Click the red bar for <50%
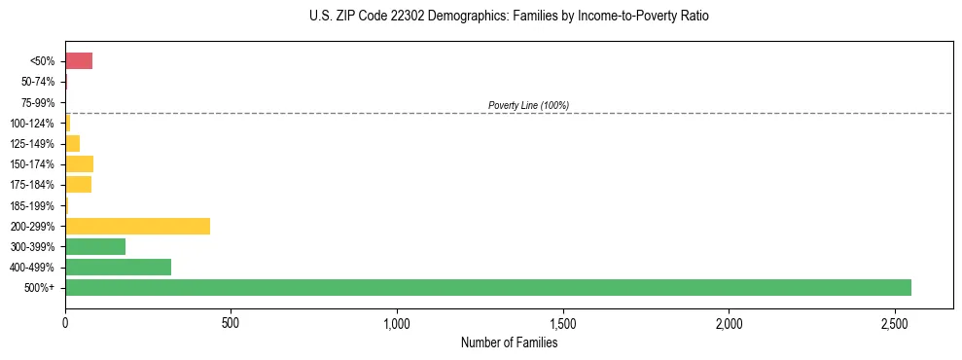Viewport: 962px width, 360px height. coord(79,61)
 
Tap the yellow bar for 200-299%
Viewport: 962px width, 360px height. coord(137,226)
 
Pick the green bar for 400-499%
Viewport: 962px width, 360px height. coord(118,267)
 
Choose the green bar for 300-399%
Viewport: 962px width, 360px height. coord(95,246)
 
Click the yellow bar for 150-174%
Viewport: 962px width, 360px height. coord(79,163)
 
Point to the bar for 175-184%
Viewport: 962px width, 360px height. coord(78,184)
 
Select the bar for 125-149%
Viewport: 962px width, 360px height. coord(72,143)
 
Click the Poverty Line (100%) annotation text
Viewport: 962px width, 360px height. coord(528,105)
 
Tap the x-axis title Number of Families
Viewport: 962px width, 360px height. coord(509,342)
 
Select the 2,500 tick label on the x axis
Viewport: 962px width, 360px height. coord(895,322)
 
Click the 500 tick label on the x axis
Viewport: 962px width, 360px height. coord(231,322)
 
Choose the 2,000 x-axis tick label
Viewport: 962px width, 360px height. coord(729,322)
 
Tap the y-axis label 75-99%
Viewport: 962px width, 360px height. coord(38,102)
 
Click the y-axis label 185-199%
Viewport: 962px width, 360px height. coord(34,205)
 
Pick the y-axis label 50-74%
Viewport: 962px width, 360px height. coord(38,82)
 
